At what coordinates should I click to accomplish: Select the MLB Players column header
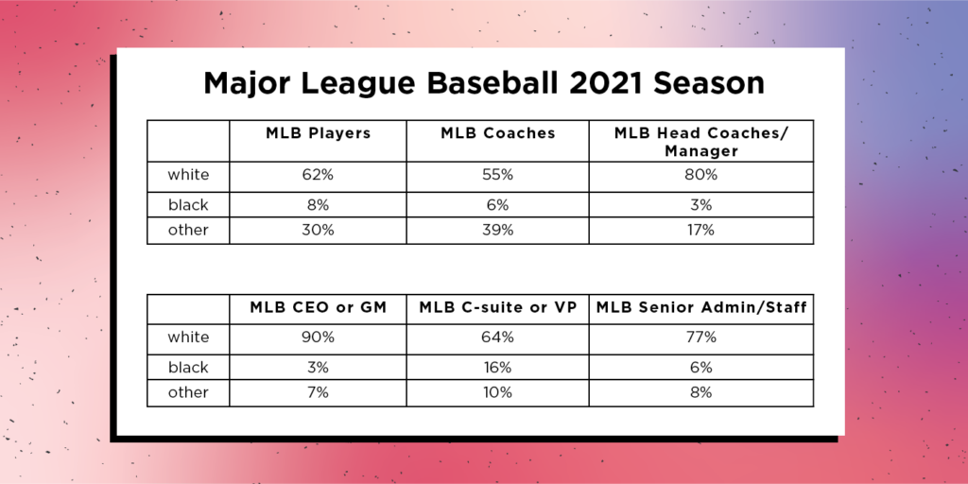[x=318, y=134]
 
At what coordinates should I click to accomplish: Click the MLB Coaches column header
[x=497, y=134]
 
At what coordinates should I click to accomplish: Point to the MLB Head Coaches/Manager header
[x=700, y=142]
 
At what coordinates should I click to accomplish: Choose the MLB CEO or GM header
[x=318, y=307]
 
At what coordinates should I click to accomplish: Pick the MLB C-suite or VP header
[x=497, y=307]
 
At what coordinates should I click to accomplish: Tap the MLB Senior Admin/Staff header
[x=701, y=307]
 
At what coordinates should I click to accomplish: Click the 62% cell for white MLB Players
[x=318, y=175]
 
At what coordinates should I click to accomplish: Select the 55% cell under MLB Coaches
[x=497, y=175]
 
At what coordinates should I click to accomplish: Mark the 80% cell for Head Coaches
[x=701, y=175]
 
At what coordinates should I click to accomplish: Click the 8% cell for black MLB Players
[x=318, y=204]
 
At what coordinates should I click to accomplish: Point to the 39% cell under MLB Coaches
[x=497, y=230]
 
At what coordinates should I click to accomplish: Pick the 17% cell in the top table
[x=701, y=230]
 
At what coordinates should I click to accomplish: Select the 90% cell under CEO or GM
[x=318, y=337]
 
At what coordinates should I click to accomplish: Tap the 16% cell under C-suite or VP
[x=497, y=367]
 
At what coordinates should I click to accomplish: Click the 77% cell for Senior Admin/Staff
[x=701, y=337]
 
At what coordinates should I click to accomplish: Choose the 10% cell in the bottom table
[x=497, y=392]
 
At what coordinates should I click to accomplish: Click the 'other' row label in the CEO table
[x=187, y=392]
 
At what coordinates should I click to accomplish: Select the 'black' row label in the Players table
[x=187, y=204]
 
